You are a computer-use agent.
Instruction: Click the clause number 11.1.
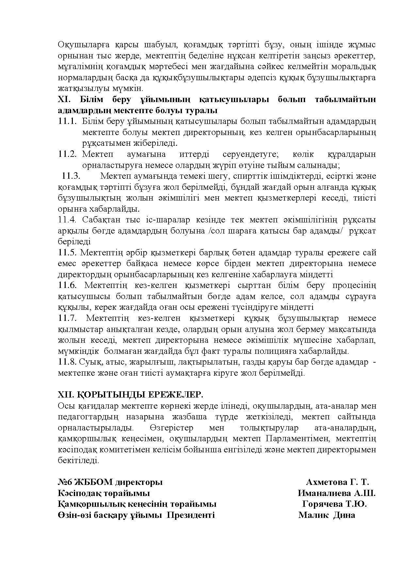(67, 121)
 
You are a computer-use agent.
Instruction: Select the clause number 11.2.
(67, 154)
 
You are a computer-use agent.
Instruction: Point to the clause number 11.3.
(71, 176)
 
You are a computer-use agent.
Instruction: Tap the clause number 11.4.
(67, 220)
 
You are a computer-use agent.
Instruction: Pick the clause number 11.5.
(67, 253)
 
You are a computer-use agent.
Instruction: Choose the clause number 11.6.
(67, 285)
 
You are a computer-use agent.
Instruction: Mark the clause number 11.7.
(67, 318)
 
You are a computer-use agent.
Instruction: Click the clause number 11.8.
(67, 362)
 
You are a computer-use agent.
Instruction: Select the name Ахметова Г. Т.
(337, 482)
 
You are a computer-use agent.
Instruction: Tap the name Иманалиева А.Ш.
(336, 493)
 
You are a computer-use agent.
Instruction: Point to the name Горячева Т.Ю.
(334, 504)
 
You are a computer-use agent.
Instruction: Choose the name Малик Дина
(327, 515)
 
